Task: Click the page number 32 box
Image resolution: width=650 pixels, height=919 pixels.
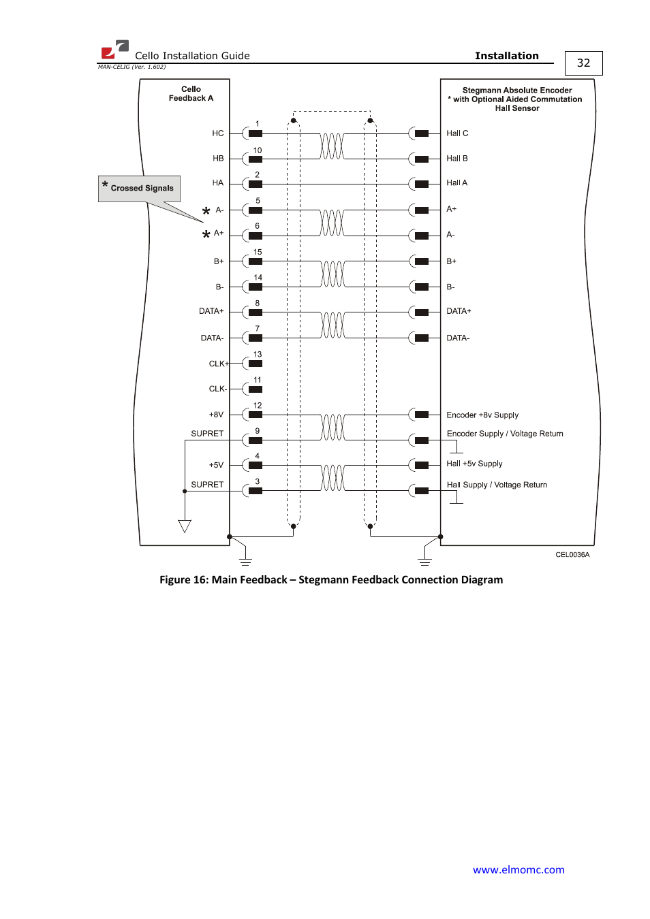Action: [583, 63]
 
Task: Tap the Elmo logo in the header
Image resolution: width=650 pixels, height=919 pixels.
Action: [114, 50]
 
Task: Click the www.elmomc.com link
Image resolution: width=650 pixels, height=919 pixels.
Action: [519, 869]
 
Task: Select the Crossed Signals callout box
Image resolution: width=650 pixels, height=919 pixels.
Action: [140, 188]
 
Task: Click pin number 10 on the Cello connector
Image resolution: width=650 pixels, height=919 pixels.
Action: [258, 150]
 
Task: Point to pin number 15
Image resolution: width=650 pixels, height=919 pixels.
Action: [258, 252]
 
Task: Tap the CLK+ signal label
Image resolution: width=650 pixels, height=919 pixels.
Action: [218, 364]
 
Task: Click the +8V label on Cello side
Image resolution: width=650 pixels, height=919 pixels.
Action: [216, 415]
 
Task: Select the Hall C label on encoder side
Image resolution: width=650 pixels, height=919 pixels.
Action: [457, 133]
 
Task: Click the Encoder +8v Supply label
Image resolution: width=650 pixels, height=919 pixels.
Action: [482, 415]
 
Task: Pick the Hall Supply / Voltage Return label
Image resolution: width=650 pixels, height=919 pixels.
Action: [497, 485]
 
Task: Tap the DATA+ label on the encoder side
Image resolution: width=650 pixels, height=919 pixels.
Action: [459, 311]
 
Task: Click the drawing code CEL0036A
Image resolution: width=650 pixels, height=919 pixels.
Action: [572, 555]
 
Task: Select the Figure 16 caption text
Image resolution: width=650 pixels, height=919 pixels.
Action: [331, 579]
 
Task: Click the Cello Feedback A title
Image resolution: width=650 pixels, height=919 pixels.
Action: [191, 94]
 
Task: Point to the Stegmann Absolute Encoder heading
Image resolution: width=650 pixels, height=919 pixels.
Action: [517, 91]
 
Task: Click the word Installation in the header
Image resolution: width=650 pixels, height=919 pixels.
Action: [506, 56]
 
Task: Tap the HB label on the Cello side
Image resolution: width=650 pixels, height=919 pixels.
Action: [218, 159]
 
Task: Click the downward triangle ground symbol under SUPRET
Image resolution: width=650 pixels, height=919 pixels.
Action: [185, 526]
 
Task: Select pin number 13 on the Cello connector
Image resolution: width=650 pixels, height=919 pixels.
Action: [258, 355]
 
